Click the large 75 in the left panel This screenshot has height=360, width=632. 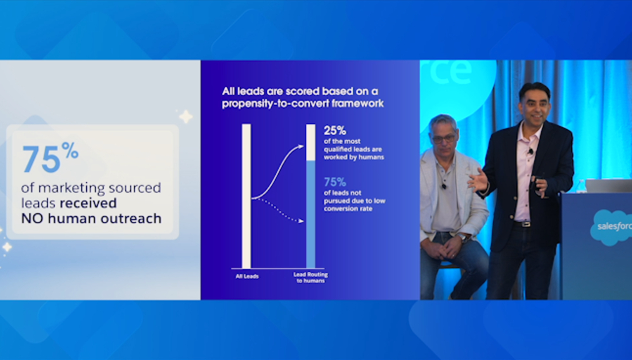click(41, 159)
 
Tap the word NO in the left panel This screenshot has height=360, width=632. click(33, 219)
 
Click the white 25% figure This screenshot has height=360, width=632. click(335, 131)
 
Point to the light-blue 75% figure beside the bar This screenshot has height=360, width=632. click(335, 182)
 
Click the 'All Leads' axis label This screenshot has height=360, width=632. click(247, 276)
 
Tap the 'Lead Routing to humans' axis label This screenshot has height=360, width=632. click(311, 277)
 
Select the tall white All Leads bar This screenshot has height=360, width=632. click(246, 196)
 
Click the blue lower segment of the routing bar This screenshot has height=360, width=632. click(311, 214)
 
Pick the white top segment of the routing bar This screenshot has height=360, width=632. click(311, 142)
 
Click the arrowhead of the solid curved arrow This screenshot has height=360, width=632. click(301, 147)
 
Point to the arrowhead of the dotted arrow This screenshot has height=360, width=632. click(301, 221)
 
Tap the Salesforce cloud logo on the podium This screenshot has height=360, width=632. click(611, 227)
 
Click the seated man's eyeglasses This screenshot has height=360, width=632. click(443, 139)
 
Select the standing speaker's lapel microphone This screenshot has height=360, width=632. click(531, 152)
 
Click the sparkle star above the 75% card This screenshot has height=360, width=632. click(186, 116)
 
